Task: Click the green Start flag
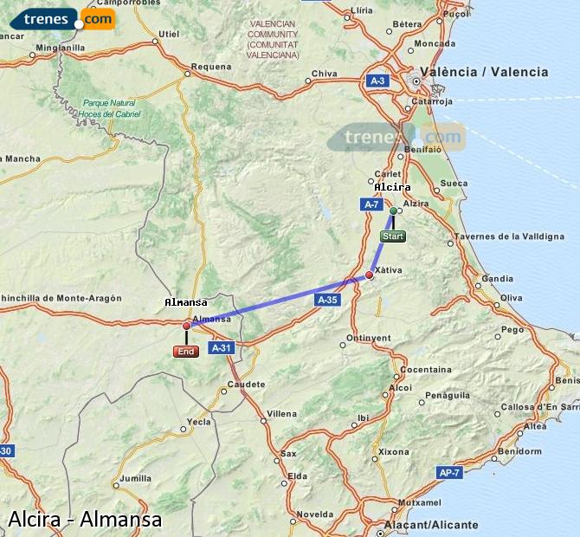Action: click(x=393, y=236)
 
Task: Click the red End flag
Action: click(x=186, y=351)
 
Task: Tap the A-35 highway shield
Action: click(x=326, y=300)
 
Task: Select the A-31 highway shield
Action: click(x=222, y=348)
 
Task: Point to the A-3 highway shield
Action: click(x=377, y=81)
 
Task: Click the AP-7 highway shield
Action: click(x=449, y=473)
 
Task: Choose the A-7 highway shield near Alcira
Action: click(x=371, y=204)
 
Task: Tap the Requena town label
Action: click(x=211, y=67)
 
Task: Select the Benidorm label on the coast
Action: click(x=520, y=451)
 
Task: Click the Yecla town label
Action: click(x=199, y=422)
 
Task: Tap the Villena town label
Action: click(x=281, y=414)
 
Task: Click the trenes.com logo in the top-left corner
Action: click(x=68, y=18)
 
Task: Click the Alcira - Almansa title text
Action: click(x=85, y=520)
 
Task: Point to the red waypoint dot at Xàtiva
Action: click(x=370, y=275)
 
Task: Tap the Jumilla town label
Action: click(x=136, y=478)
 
